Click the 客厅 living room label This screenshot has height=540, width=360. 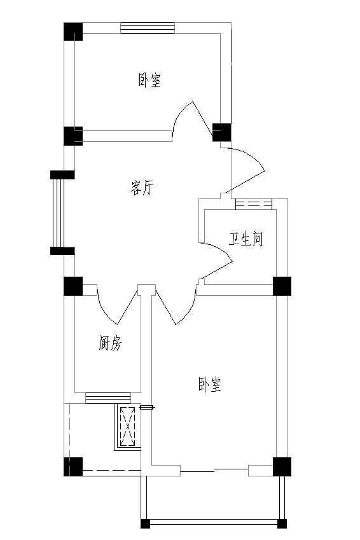pos(142,188)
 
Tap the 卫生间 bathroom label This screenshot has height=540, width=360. pos(246,239)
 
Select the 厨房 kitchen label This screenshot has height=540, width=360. pos(110,343)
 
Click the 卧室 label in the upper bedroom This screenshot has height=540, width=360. pos(150,80)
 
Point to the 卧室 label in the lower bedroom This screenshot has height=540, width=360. pos(209,384)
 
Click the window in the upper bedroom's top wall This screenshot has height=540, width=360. pos(148,28)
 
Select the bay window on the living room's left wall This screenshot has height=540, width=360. pos(59,213)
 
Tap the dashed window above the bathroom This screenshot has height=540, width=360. pos(254,204)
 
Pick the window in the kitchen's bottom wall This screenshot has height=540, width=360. pos(108,398)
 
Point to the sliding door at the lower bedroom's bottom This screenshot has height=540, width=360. pos(214,470)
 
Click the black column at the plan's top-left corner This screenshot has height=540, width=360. pos(73,32)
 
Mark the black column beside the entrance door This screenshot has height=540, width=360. pos(221,132)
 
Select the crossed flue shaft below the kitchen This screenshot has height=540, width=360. pos(128,426)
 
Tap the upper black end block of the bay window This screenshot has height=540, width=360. pos(62,175)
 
